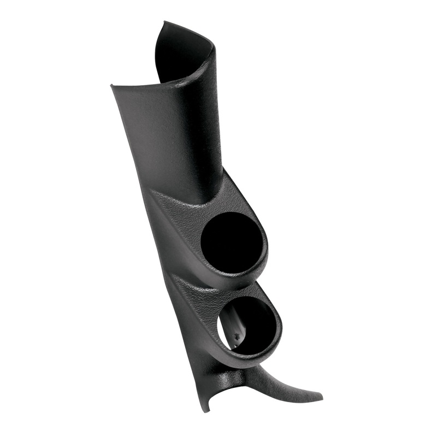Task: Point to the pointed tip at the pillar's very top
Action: (163, 22)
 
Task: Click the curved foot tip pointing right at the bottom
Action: (321, 394)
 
